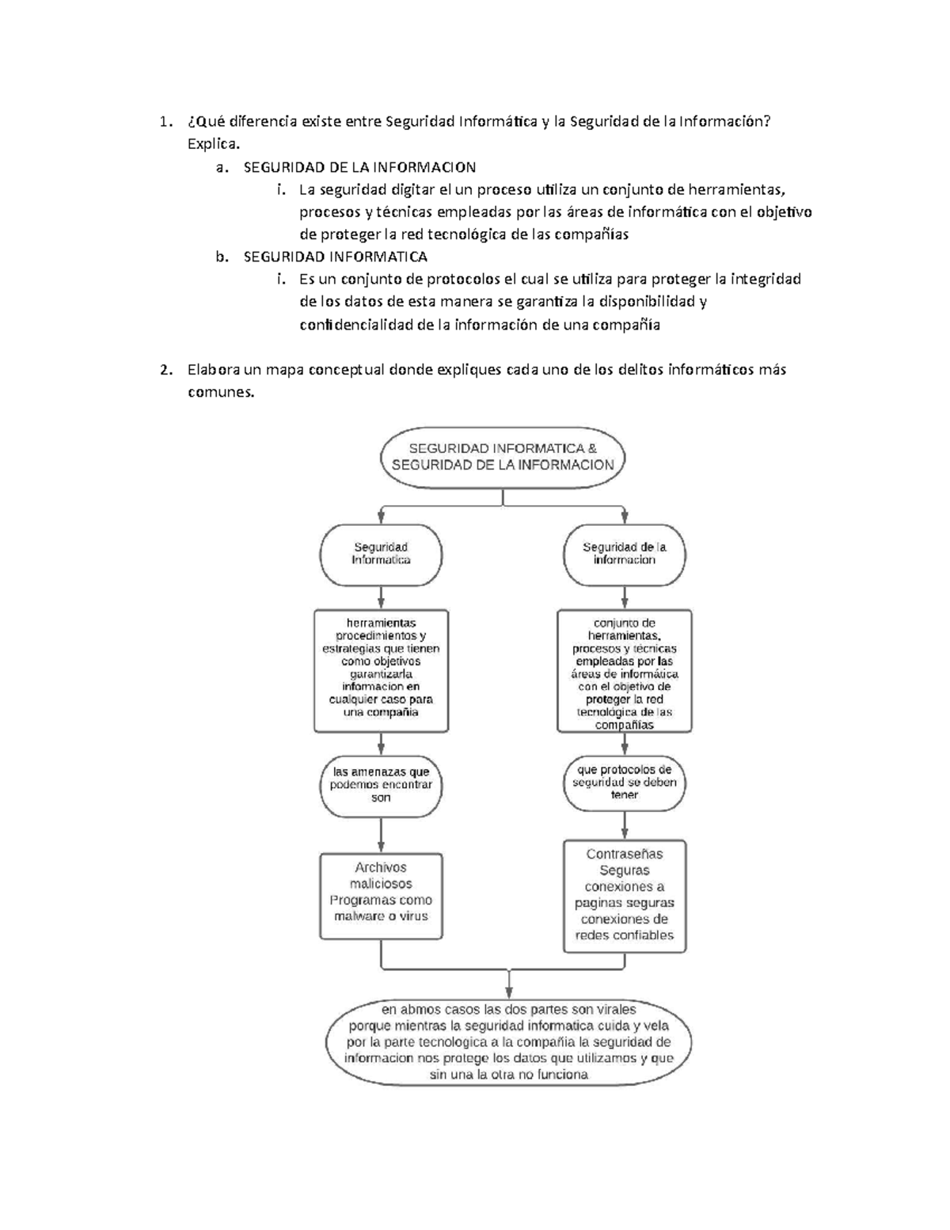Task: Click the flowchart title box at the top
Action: point(503,457)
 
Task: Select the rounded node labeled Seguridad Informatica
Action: point(381,554)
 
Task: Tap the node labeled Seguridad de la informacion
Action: point(625,554)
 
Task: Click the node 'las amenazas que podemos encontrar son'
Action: point(381,785)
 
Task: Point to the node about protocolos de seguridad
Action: point(625,783)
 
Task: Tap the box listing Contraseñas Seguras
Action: point(625,895)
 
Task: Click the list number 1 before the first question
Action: point(162,122)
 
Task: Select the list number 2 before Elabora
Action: point(164,370)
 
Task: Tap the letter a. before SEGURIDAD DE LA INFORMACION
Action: point(222,167)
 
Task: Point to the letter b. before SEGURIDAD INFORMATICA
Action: point(222,257)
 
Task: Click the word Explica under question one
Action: point(212,144)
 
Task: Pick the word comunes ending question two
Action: point(221,392)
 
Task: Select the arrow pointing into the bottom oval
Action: point(508,984)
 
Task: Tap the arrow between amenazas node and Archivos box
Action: point(382,834)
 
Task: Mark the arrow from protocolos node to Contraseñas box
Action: point(625,825)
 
